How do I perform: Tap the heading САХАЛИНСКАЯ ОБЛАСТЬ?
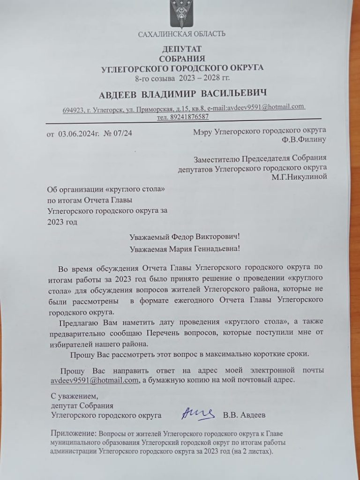[x=182, y=34]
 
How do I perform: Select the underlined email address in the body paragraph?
[x=94, y=380]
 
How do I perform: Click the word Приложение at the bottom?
[x=73, y=434]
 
